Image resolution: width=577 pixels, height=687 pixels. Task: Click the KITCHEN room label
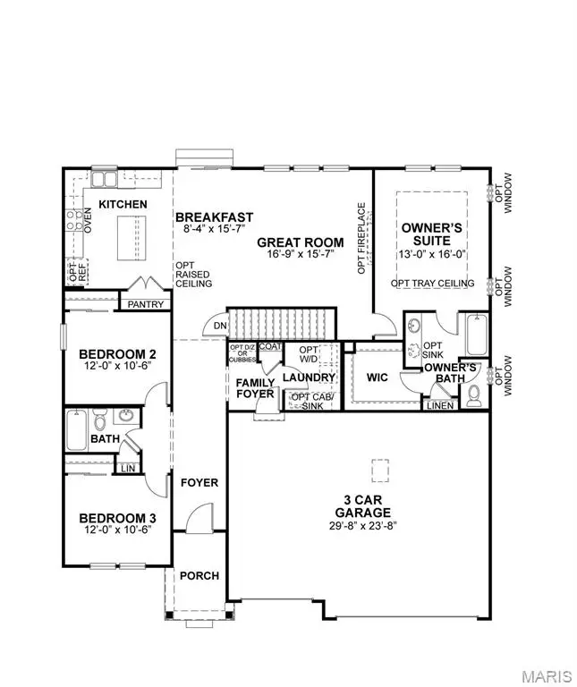tap(123, 205)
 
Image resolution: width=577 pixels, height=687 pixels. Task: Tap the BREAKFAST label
tap(215, 217)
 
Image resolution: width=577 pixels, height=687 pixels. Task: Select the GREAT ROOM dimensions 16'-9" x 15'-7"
tap(301, 255)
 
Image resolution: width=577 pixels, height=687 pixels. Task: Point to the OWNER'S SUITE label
tap(431, 234)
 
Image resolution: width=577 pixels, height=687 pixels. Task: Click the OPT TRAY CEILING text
tap(432, 284)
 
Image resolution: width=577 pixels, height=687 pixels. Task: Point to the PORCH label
tap(199, 575)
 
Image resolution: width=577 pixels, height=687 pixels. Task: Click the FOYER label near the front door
tap(199, 482)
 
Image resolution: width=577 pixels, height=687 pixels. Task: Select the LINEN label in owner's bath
tap(439, 405)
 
